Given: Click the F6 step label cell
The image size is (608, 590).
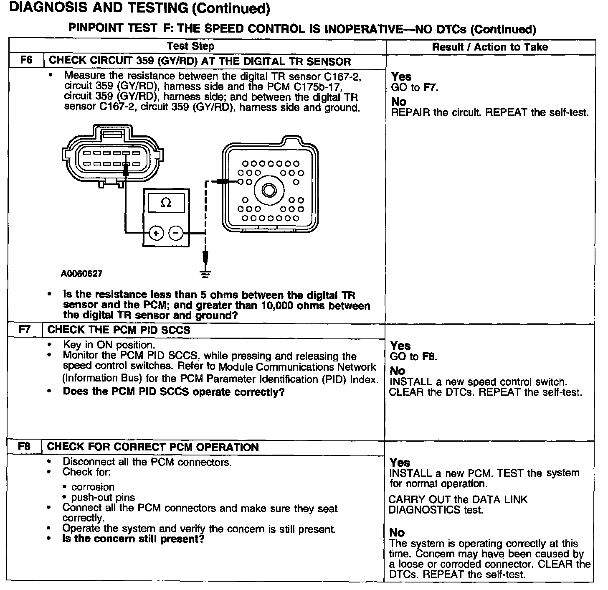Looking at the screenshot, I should pos(26,61).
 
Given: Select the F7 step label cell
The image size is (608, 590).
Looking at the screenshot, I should pos(25,330).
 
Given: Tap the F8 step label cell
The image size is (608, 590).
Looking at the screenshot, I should pos(24,447).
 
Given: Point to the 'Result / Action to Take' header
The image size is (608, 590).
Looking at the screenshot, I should pos(490,47).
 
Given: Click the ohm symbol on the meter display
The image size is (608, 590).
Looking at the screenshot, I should pos(166,203).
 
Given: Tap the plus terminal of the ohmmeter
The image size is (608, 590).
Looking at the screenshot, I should pos(156,233).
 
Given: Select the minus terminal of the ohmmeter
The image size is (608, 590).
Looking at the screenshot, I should pos(176,233).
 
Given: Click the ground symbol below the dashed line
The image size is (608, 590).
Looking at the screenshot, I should pos(205,274).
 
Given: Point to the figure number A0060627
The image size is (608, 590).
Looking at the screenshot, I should pos(81,274).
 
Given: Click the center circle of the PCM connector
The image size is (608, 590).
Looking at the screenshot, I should pos(269,191).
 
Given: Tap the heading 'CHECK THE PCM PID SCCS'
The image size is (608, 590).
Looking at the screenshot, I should pos(119,330).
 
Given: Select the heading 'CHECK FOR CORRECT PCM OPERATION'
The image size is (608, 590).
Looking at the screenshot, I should pos(153,447).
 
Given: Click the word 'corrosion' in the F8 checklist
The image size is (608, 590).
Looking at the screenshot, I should pos(93,487).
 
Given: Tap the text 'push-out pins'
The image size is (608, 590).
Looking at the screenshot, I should pos(103,498).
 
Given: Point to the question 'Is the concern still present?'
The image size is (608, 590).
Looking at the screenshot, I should pos(133,539).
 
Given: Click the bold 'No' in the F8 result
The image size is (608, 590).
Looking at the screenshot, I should pos(397,533).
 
